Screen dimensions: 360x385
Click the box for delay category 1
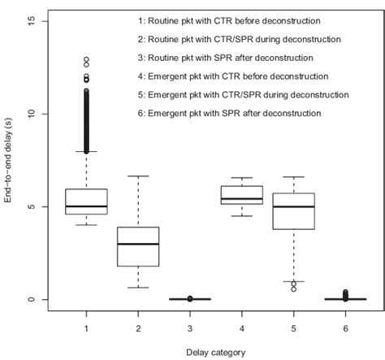[x=86, y=202]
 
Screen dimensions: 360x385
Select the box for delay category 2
[x=138, y=246]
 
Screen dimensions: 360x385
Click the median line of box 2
[x=138, y=244]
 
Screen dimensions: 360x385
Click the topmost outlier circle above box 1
[x=86, y=59]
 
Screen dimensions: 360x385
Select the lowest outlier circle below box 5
[x=294, y=289]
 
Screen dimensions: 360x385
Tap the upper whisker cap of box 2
[x=138, y=176]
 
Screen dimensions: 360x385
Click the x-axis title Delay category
[x=216, y=351]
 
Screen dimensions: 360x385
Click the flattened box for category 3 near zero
[x=190, y=299]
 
